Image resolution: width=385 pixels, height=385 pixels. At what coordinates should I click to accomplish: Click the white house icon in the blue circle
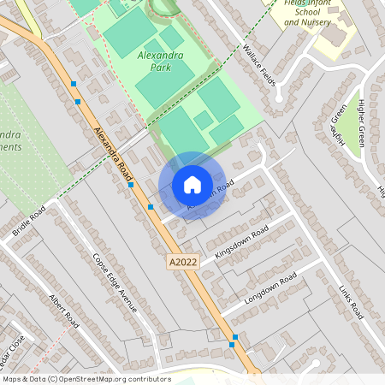pyautogui.click(x=192, y=185)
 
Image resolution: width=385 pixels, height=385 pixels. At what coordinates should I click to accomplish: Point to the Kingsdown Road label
pyautogui.click(x=241, y=242)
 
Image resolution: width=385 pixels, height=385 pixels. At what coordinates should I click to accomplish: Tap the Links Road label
pyautogui.click(x=352, y=301)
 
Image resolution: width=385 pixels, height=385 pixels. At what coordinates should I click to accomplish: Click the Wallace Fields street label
pyautogui.click(x=262, y=64)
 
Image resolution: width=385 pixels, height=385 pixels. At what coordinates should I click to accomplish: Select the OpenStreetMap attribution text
pyautogui.click(x=86, y=378)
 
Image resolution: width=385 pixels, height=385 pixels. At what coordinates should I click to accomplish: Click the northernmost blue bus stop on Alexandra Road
pyautogui.click(x=74, y=84)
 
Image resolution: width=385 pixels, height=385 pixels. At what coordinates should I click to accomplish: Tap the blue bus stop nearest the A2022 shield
pyautogui.click(x=151, y=207)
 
